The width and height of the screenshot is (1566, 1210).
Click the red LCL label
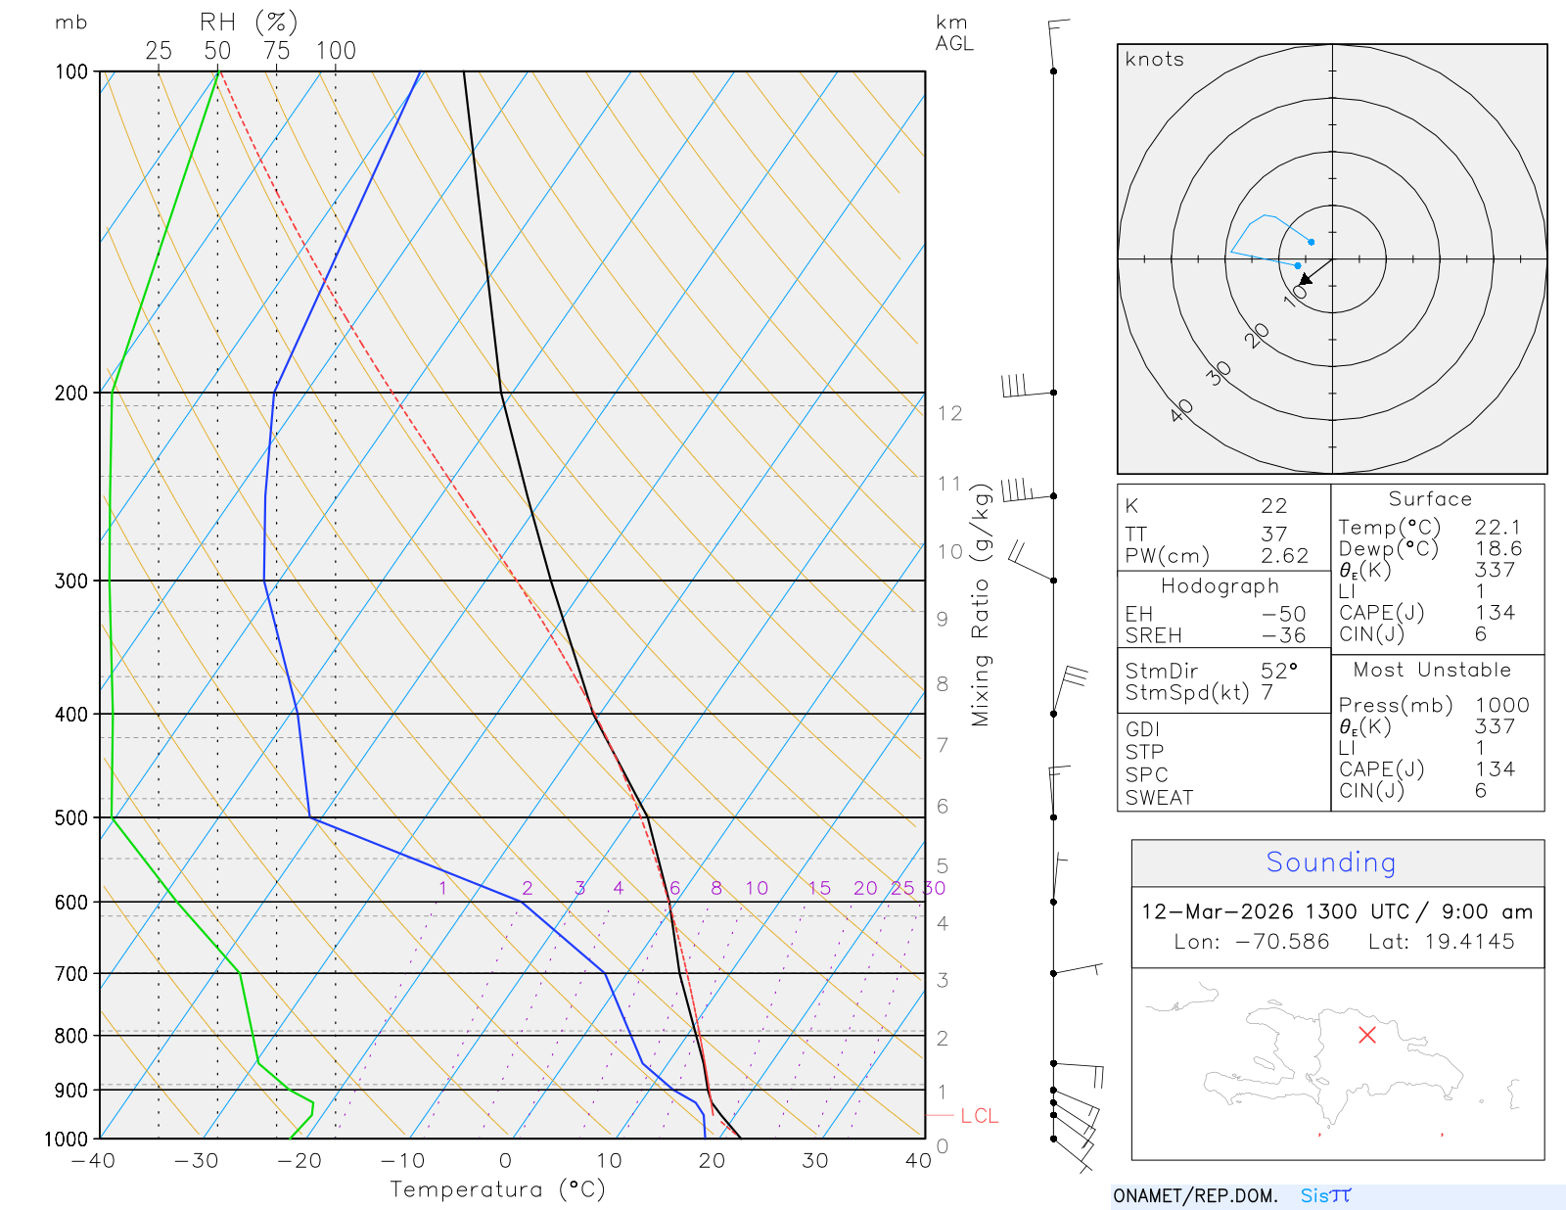pos(979,1116)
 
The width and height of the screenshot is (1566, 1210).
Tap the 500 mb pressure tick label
pos(71,817)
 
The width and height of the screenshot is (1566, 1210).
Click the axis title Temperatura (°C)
pos(497,1189)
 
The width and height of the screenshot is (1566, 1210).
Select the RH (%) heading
pos(249,22)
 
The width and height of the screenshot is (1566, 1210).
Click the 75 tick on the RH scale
pos(277,51)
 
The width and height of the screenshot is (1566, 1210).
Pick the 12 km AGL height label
pos(949,413)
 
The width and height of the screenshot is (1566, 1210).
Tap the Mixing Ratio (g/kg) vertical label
pos(981,605)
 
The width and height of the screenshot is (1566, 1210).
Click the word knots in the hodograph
pos(1154,60)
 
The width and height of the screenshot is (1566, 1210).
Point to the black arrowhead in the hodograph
pos(1306,279)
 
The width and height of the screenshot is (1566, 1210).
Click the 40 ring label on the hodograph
pos(1181,410)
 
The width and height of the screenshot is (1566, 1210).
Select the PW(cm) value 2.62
pos(1284,556)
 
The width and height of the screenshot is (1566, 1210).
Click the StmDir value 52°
pos(1278,672)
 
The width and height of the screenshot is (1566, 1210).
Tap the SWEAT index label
pos(1159,798)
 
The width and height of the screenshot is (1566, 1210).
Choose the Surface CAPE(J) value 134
pos(1495,613)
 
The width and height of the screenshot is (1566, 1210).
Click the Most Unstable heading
pos(1432,671)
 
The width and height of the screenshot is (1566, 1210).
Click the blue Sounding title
pos(1330,862)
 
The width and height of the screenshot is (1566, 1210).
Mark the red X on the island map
pos(1367,1035)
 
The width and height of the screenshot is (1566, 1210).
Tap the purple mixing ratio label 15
pos(819,888)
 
